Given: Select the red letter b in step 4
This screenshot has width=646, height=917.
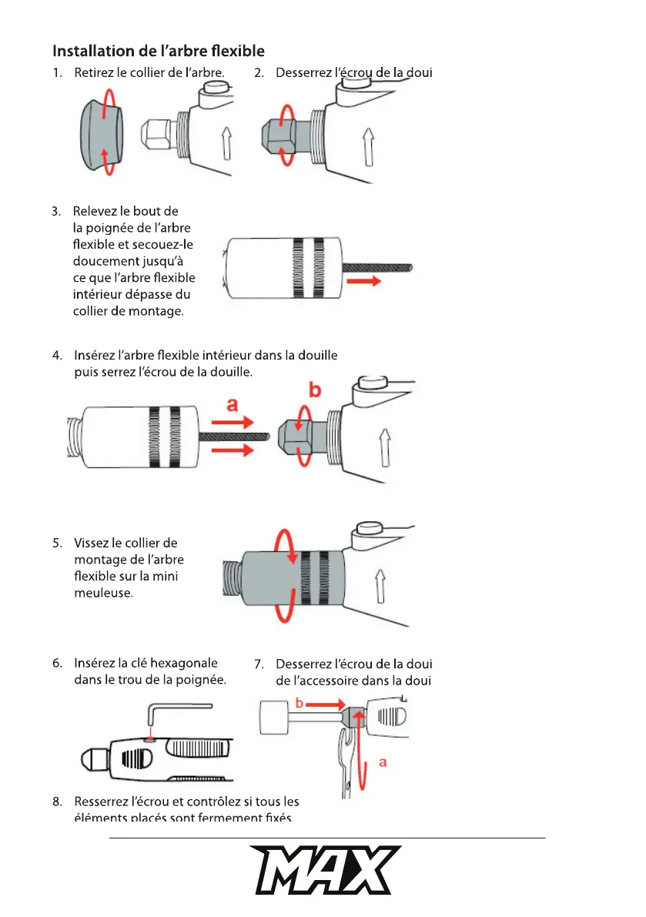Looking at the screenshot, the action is (x=315, y=391).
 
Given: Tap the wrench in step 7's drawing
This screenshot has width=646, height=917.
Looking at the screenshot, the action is (x=347, y=770).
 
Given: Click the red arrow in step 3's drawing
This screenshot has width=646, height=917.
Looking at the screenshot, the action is (x=364, y=282).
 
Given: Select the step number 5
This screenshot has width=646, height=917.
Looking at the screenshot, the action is (x=57, y=544).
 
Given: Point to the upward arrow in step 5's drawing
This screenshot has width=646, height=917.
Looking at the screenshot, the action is (x=381, y=586).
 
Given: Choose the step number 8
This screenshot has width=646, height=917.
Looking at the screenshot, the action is (x=57, y=802).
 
